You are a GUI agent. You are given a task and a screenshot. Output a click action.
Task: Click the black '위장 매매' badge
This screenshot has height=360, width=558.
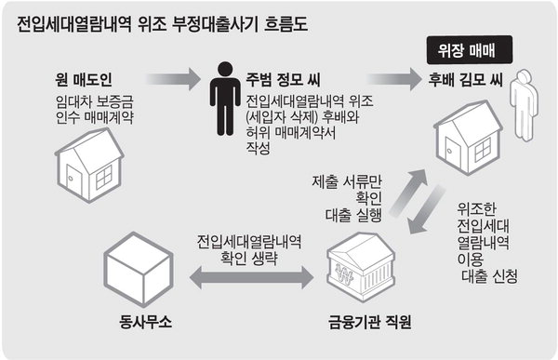pyautogui.click(x=470, y=50)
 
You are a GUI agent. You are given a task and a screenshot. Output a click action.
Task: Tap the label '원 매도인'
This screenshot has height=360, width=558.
pyautogui.click(x=84, y=80)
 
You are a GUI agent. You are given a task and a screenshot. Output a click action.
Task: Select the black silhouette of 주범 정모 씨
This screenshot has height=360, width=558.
pyautogui.click(x=224, y=99)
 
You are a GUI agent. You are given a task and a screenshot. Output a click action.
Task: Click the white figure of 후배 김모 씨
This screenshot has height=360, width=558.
pyautogui.click(x=524, y=105)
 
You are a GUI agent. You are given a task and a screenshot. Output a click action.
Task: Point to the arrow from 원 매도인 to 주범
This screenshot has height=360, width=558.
pyautogui.click(x=174, y=79)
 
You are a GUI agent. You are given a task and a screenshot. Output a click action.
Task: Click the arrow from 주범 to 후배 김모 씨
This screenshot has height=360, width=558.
pyautogui.click(x=394, y=79)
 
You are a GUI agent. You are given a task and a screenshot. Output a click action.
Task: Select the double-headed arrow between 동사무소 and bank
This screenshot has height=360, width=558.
pyautogui.click(x=252, y=277)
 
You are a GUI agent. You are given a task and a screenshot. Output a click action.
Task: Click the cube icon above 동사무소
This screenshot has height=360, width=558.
pyautogui.click(x=139, y=269)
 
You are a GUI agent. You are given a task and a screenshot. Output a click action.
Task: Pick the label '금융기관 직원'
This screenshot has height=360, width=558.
pyautogui.click(x=370, y=322)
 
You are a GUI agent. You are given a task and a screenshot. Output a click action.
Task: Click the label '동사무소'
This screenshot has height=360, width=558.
pyautogui.click(x=146, y=322)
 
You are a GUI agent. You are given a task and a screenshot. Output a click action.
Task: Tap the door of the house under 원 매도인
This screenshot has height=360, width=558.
pyautogui.click(x=74, y=181)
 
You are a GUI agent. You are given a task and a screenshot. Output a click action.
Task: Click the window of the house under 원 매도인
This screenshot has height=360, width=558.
pyautogui.click(x=104, y=177)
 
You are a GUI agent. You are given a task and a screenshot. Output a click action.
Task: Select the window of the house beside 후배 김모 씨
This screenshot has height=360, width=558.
pyautogui.click(x=483, y=149)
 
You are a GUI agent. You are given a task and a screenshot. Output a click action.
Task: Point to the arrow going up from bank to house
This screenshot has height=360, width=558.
pyautogui.click(x=408, y=193)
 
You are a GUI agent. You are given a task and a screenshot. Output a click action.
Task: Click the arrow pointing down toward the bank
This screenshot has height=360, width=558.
pyautogui.click(x=426, y=209)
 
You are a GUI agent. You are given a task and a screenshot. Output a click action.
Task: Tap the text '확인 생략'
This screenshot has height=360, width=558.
pyautogui.click(x=249, y=259)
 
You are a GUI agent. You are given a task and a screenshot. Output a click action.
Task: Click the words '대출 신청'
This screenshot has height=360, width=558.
pyautogui.click(x=489, y=276)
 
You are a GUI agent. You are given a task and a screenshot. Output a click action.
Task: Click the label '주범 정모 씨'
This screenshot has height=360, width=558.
pyautogui.click(x=284, y=80)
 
